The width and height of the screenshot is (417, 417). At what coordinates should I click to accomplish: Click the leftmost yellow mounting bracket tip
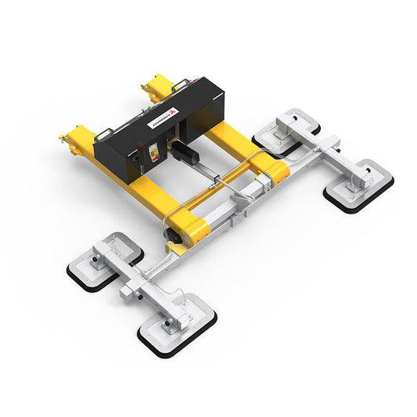[63, 140]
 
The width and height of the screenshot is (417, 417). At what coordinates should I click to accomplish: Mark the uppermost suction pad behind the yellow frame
[288, 129]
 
